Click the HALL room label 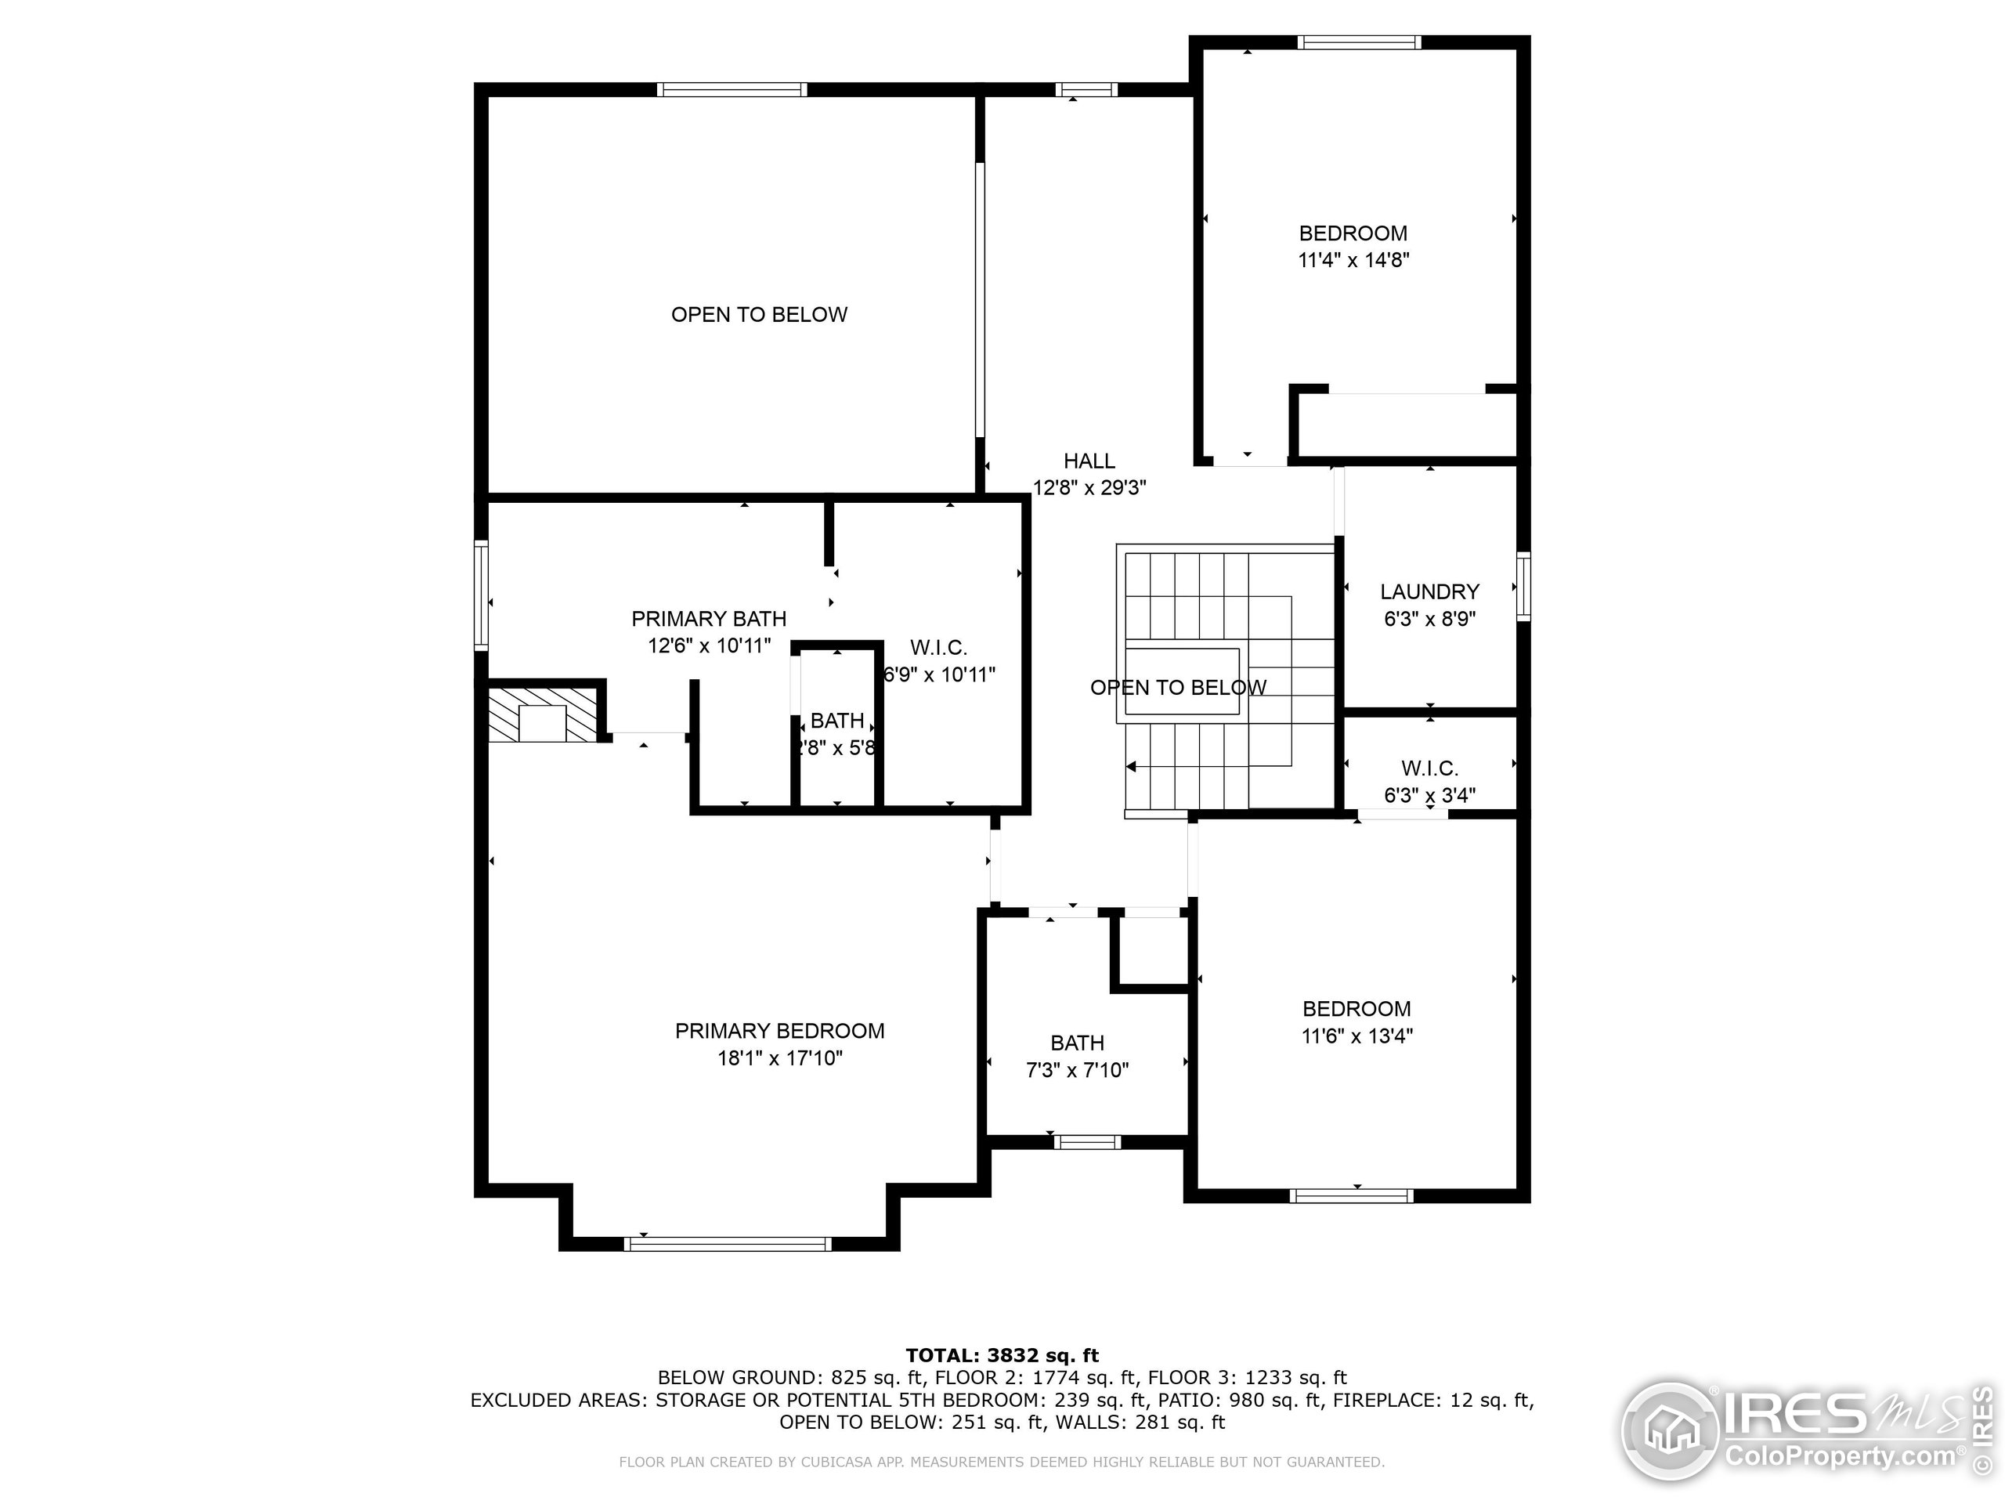pos(1089,461)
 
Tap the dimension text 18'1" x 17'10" pos(779,1058)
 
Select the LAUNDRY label pos(1429,592)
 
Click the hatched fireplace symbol pos(542,715)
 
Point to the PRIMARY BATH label pos(709,619)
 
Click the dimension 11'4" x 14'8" pos(1353,260)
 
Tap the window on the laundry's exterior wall pos(1523,587)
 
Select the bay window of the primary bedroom pos(728,1244)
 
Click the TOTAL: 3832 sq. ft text pos(1002,1355)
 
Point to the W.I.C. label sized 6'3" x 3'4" pos(1429,768)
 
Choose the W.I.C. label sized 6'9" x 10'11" pos(938,648)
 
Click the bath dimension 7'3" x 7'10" pos(1077,1071)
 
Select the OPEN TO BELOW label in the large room pos(759,315)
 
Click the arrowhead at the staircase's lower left pos(1131,767)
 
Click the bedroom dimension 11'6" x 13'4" pos(1357,1036)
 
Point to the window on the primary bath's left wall pos(482,595)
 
